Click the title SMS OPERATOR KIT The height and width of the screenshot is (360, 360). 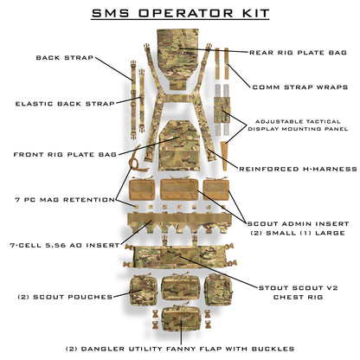click(x=180, y=14)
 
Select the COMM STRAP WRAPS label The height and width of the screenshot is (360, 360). click(x=300, y=87)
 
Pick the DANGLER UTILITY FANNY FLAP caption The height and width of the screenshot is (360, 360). click(x=180, y=348)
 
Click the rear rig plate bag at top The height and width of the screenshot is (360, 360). click(x=180, y=48)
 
